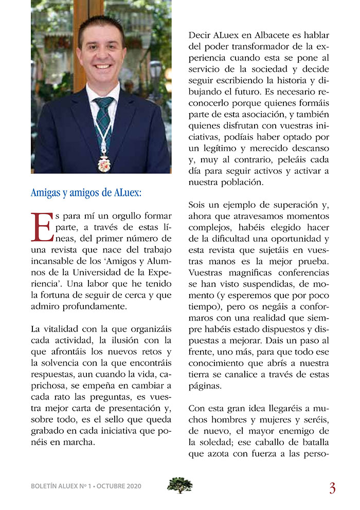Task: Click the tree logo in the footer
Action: [x=179, y=485]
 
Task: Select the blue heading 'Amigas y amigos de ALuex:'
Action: [x=86, y=193]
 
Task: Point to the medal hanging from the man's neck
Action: [x=104, y=164]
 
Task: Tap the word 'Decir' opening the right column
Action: [x=200, y=34]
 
